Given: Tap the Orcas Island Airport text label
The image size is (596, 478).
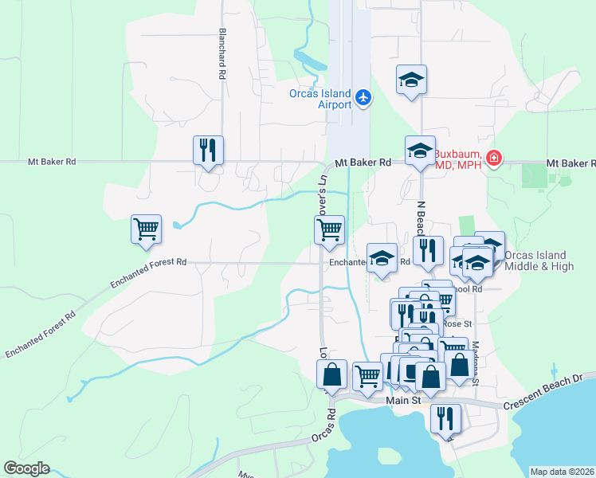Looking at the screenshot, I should (x=320, y=99).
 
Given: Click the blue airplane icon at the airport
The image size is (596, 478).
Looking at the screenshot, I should (x=364, y=97).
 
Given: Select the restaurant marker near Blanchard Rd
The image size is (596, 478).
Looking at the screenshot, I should (x=208, y=150).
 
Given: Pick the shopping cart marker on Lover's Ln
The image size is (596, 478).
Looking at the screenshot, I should (x=329, y=230).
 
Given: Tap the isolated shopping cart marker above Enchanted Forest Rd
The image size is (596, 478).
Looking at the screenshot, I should (x=147, y=229).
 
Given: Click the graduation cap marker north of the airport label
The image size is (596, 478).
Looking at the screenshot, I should (x=411, y=80).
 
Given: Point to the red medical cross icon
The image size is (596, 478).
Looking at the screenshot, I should (x=494, y=159).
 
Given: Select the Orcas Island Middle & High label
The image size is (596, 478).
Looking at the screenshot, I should (x=539, y=261).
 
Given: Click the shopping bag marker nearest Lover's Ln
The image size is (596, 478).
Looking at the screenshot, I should (x=331, y=374).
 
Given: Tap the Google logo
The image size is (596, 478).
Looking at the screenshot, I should (x=26, y=468).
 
